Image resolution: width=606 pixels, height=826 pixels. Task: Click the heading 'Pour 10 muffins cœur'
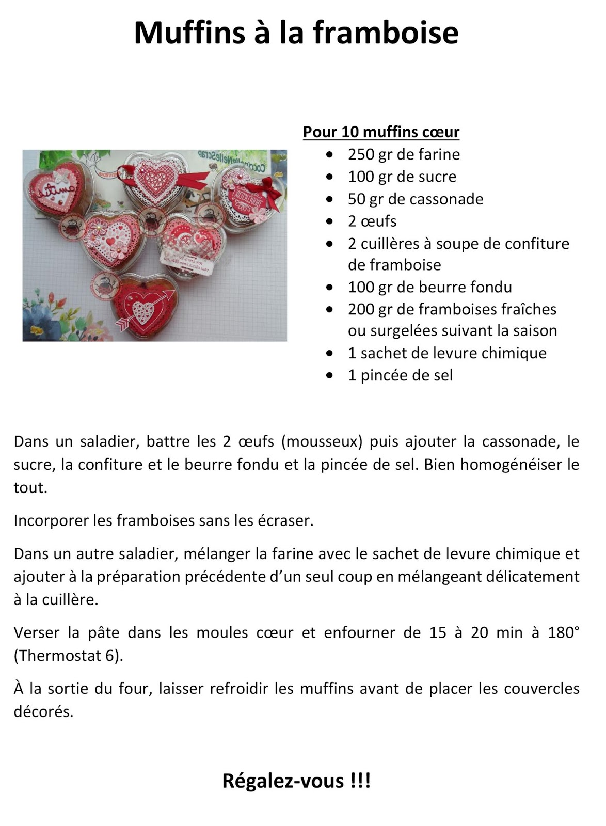pyautogui.click(x=381, y=132)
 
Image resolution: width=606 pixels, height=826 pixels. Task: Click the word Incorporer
pyautogui.click(x=51, y=520)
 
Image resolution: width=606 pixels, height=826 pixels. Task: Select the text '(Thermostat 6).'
pyautogui.click(x=69, y=656)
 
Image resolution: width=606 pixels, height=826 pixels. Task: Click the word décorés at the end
pyautogui.click(x=43, y=712)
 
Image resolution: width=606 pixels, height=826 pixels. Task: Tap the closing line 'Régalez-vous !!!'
pyautogui.click(x=296, y=781)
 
